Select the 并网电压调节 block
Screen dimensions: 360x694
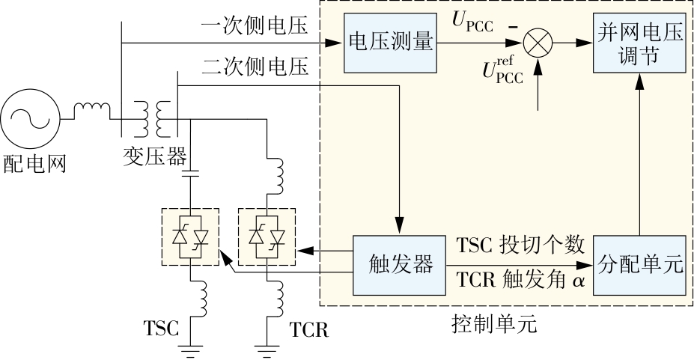coord(639,43)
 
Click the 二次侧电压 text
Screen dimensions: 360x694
coord(255,67)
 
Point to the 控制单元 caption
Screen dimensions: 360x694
coord(495,324)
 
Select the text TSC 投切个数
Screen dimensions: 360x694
coord(520,245)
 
